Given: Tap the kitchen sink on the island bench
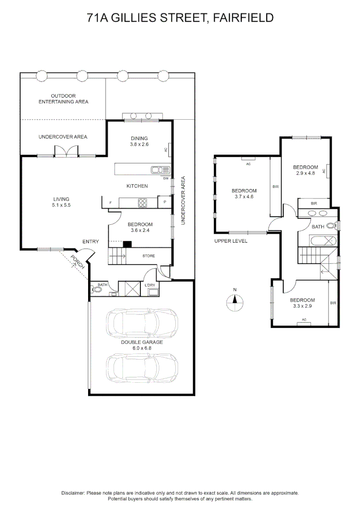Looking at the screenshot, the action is (160, 170).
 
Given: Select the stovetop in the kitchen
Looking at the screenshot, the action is (142, 203).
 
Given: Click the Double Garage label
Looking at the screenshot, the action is (142, 342).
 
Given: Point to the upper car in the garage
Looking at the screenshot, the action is (142, 322).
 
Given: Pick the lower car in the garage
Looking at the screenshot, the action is (142, 368).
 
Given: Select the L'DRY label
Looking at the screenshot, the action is (150, 285).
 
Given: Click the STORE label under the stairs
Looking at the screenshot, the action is (149, 256).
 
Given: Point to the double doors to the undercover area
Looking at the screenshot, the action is (66, 152).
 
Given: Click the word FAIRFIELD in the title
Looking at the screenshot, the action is (243, 18).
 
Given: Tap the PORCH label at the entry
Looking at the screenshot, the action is (78, 262).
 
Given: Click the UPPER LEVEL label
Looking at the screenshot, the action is (231, 241).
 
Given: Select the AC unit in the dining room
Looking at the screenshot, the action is (169, 150).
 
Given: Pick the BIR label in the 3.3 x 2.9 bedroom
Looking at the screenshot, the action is (333, 303).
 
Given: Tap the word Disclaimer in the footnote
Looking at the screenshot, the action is (73, 493).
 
